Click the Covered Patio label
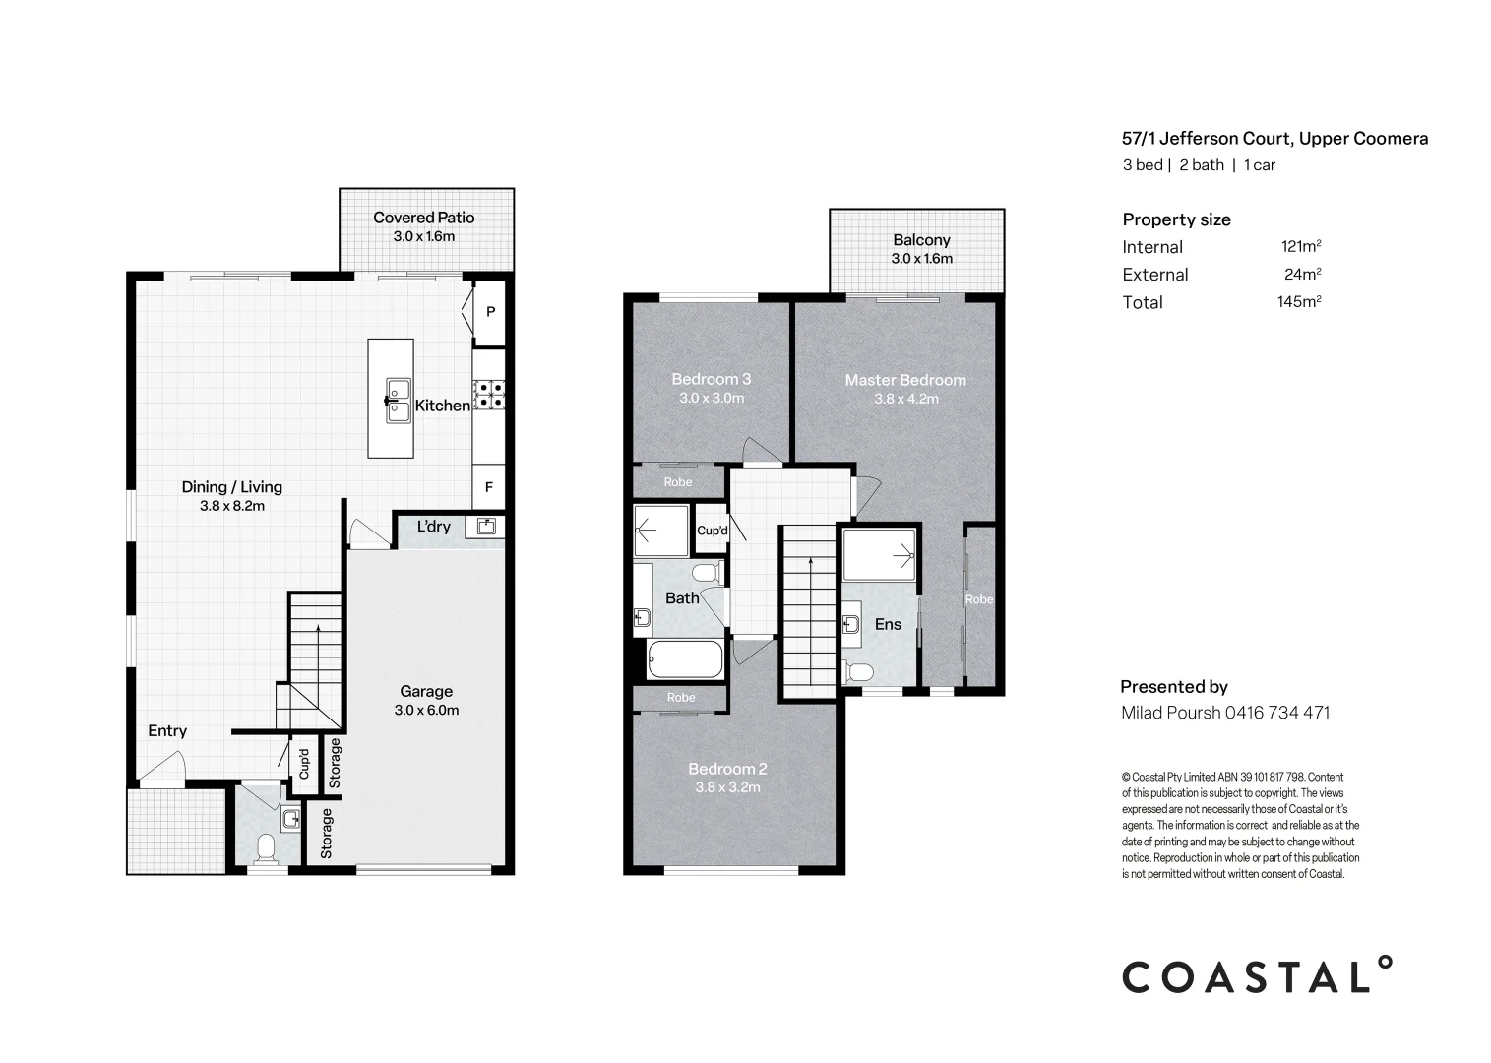[423, 218]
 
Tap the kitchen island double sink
[398, 401]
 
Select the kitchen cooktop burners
[489, 394]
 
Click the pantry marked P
[490, 311]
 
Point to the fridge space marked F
[489, 487]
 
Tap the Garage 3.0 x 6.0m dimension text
[426, 711]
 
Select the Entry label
[167, 731]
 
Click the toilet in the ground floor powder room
[266, 848]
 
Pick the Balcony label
[921, 239]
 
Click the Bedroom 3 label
[711, 379]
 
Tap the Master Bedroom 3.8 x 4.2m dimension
[905, 399]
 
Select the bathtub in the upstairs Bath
[685, 659]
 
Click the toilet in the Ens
[858, 672]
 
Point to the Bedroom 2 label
[727, 769]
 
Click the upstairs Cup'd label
[713, 531]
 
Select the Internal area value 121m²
[1301, 246]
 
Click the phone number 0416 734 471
[1277, 713]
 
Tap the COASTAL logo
[1257, 975]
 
